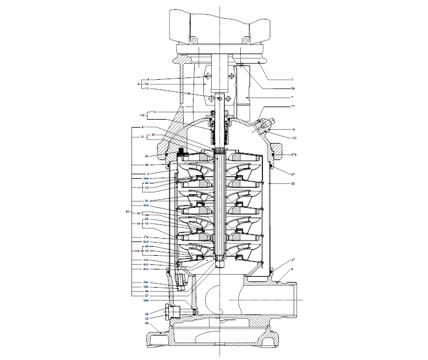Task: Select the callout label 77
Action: click(x=294, y=106)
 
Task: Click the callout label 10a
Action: click(x=147, y=84)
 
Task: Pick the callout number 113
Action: click(x=153, y=111)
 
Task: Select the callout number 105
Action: click(x=142, y=115)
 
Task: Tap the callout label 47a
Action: click(x=146, y=236)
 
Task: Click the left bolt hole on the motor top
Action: click(x=193, y=39)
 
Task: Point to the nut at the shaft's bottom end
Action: click(x=219, y=263)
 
